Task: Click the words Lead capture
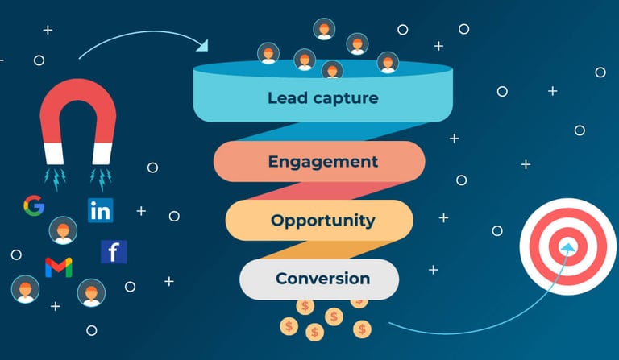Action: (x=322, y=98)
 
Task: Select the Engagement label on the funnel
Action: (x=322, y=161)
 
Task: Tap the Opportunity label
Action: (x=322, y=220)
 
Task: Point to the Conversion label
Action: (x=322, y=279)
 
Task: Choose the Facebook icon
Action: (x=114, y=252)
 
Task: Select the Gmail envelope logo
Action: (x=58, y=267)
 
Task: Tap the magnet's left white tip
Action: (x=54, y=152)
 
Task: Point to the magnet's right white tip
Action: (x=103, y=152)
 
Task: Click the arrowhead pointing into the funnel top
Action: (x=202, y=45)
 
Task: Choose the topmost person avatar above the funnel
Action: (x=324, y=29)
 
